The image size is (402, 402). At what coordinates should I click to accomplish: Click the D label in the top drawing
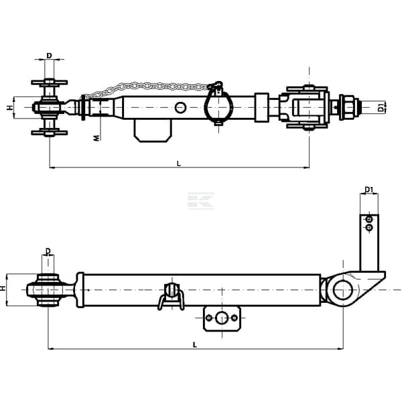49,56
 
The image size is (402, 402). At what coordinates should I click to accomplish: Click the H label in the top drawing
10,108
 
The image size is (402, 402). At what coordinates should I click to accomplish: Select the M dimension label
96,138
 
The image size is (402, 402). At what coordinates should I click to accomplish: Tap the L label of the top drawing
179,163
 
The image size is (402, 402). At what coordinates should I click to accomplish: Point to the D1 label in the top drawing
381,107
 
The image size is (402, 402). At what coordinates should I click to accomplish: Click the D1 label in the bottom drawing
368,190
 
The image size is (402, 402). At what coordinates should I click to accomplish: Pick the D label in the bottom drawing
48,251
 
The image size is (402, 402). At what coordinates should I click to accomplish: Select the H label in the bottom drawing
3,288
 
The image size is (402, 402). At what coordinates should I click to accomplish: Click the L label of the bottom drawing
195,345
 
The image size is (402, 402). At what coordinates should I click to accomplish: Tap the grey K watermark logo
201,201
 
